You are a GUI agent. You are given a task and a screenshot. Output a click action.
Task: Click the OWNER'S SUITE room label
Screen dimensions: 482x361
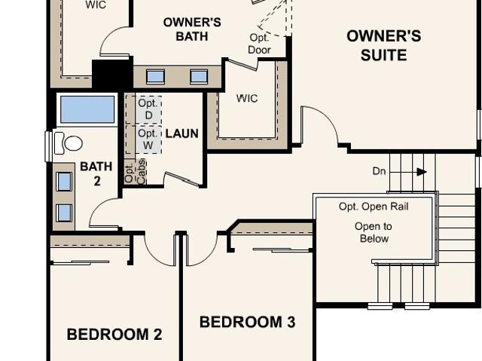[383, 45]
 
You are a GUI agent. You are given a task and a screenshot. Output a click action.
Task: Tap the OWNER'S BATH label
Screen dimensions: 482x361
[192, 29]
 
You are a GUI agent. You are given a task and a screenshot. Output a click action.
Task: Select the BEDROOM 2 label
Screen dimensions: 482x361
[114, 335]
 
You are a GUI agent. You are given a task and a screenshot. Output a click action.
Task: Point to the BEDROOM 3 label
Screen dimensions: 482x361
[248, 322]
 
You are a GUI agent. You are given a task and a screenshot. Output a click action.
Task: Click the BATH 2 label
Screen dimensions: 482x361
[96, 174]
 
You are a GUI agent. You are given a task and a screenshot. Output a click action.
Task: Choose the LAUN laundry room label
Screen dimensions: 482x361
[182, 133]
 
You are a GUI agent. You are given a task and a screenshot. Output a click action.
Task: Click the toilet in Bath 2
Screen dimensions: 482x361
[69, 143]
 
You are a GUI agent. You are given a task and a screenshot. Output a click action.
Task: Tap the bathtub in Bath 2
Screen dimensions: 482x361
[87, 109]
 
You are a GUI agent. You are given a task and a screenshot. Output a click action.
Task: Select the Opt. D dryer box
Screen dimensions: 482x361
[144, 109]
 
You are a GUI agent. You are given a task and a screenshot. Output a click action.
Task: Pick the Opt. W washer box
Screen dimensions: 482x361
[144, 139]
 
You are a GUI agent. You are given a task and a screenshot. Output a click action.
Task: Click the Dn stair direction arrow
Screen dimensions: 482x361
[422, 172]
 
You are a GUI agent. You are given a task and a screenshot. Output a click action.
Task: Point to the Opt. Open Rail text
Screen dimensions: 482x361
[374, 207]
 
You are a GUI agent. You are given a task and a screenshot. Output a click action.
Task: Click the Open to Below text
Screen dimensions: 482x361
[374, 232]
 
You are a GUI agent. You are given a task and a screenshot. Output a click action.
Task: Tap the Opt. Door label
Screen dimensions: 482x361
[259, 44]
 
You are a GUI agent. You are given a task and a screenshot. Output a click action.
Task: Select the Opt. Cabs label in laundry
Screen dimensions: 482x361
[136, 172]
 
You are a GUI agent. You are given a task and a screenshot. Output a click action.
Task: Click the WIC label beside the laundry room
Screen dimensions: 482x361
[247, 99]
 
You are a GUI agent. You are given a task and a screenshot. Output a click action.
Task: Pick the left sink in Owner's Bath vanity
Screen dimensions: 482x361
[155, 77]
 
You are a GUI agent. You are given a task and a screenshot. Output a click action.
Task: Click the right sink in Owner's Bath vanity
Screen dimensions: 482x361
[199, 77]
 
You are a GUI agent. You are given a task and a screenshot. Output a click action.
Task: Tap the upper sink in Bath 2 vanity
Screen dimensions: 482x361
[64, 182]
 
